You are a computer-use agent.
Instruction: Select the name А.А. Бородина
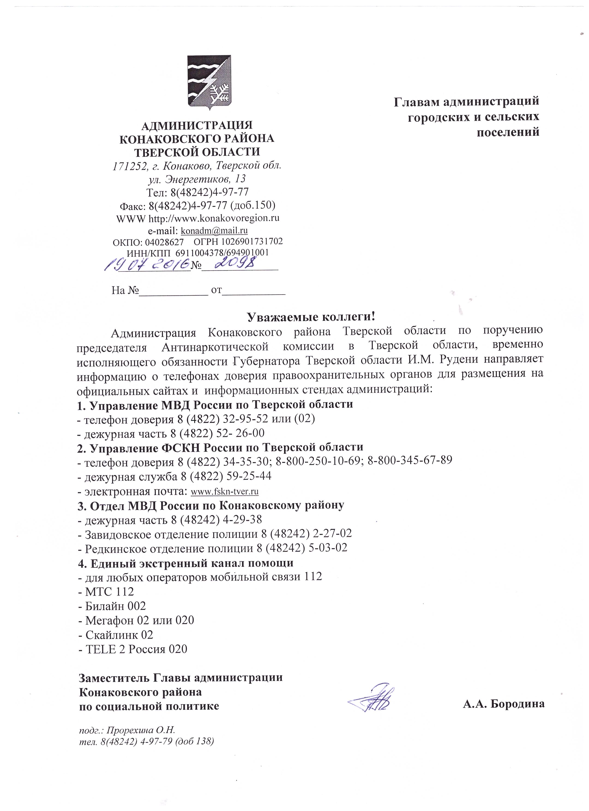[x=504, y=704]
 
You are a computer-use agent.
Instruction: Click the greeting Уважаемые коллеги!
[x=311, y=317]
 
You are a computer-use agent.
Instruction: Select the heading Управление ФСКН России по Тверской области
[x=220, y=447]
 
